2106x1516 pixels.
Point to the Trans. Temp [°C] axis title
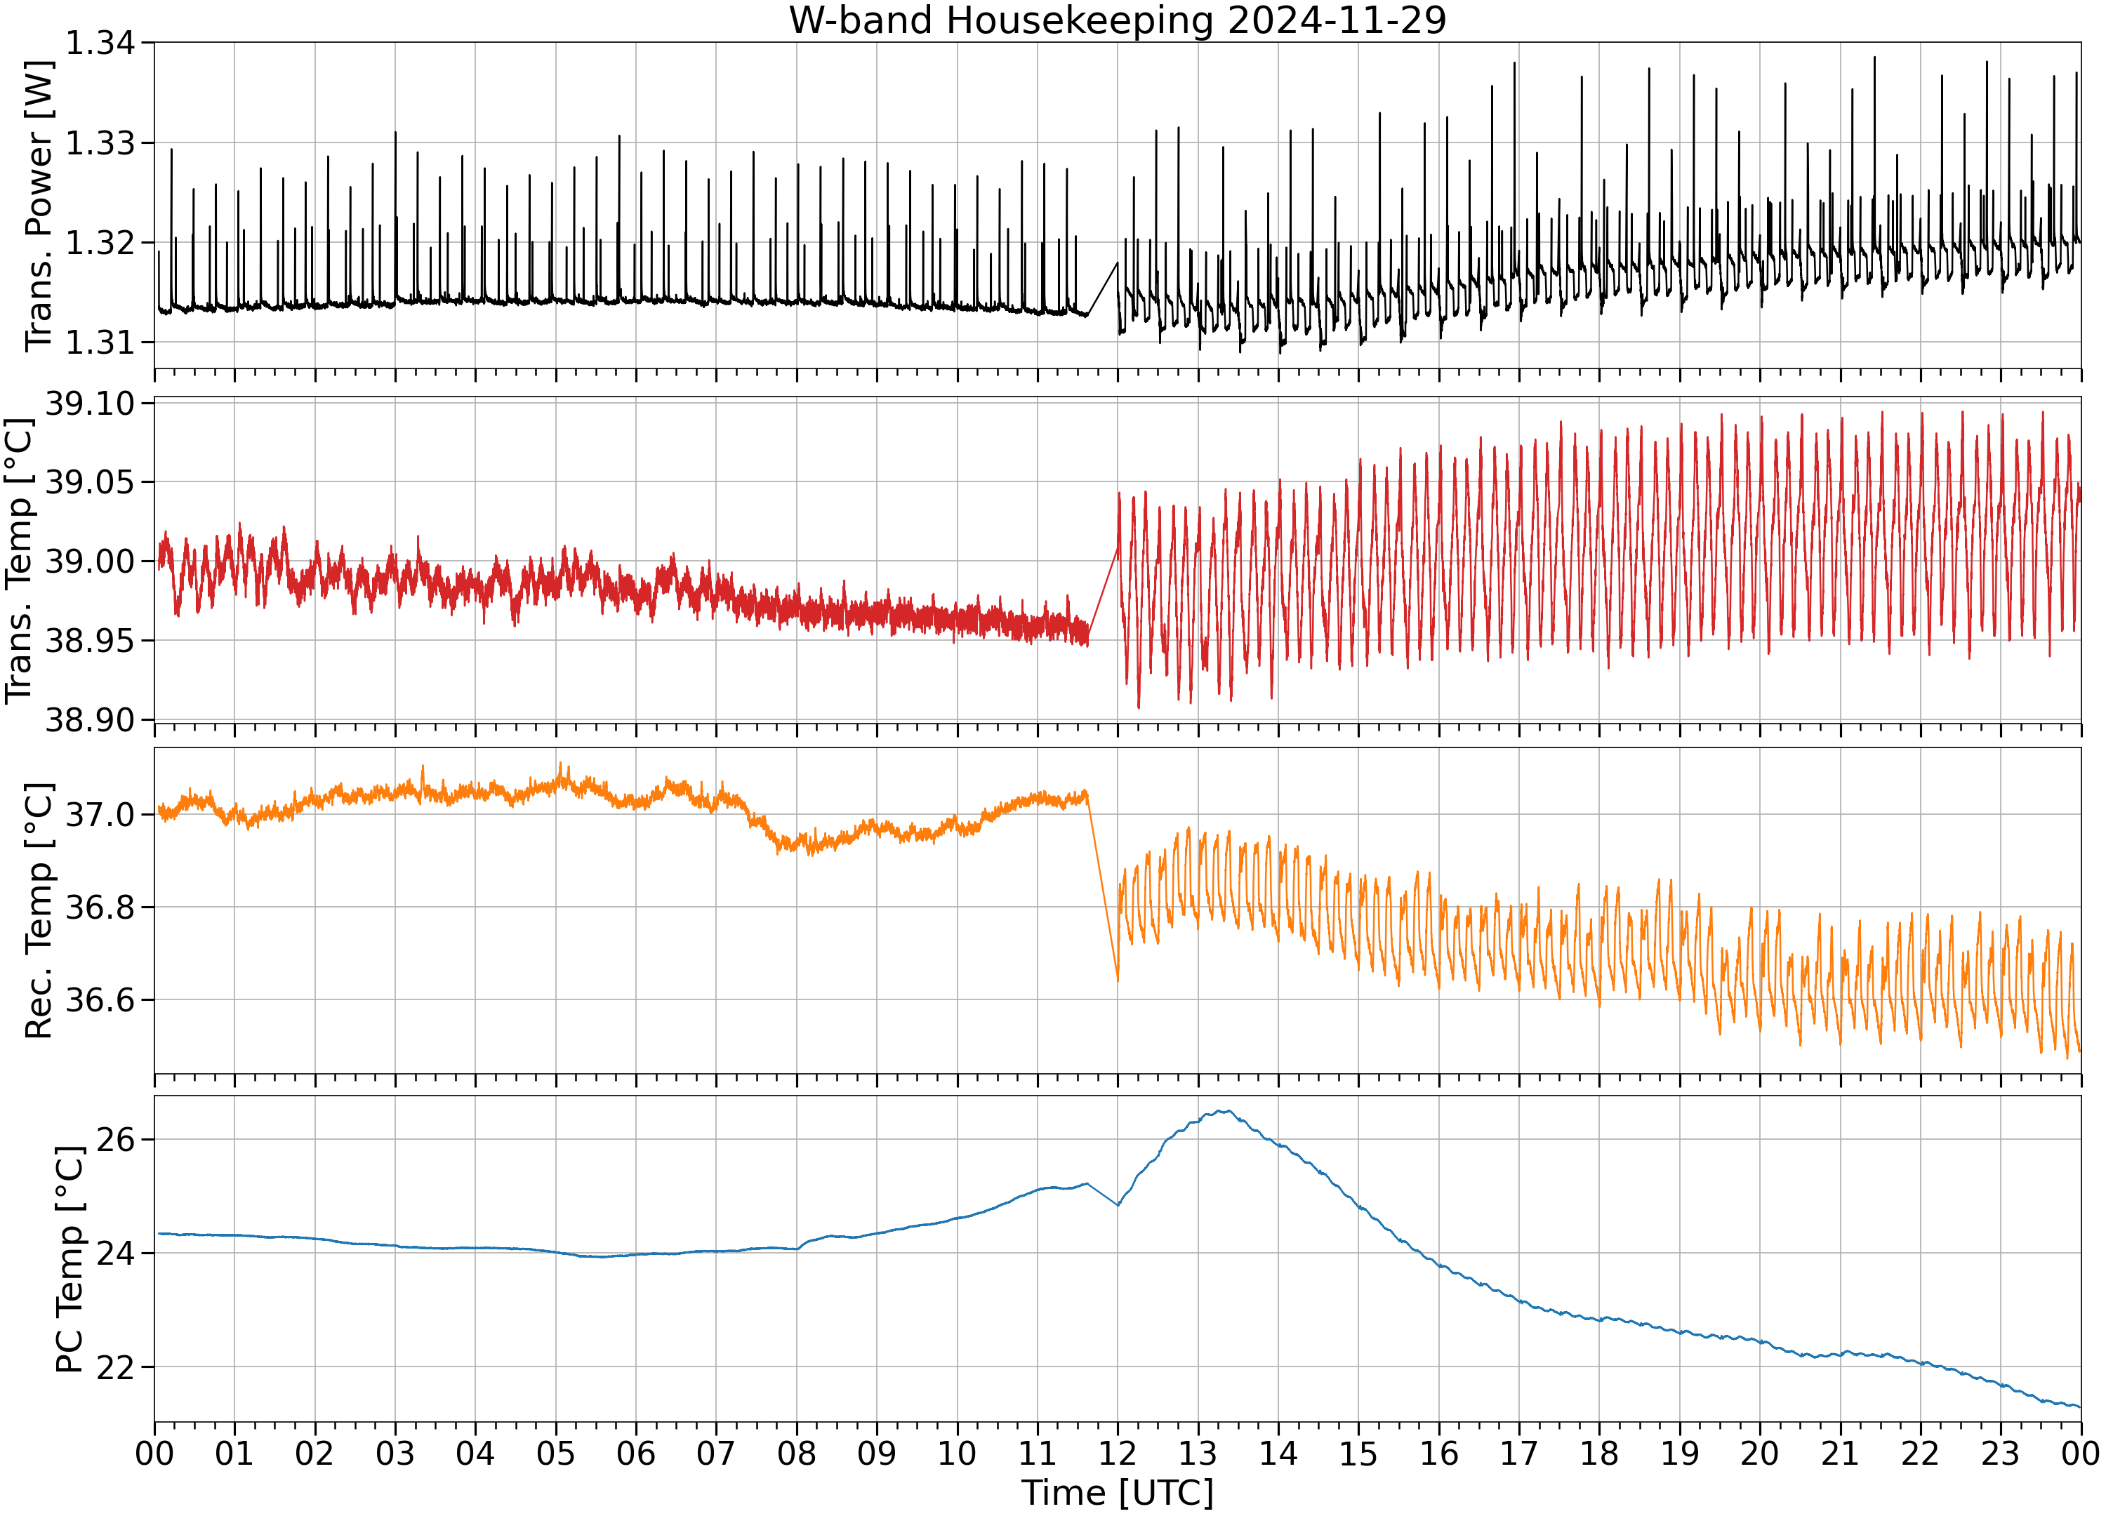(x=20, y=561)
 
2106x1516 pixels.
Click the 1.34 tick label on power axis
(x=100, y=43)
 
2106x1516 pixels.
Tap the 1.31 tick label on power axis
(x=100, y=343)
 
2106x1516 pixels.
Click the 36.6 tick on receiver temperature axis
(x=100, y=1000)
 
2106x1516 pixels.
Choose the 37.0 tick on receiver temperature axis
(x=100, y=815)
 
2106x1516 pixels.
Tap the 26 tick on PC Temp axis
(x=115, y=1139)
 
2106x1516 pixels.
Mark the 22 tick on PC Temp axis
(x=115, y=1367)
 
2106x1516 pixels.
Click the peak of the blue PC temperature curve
(x=1226, y=1111)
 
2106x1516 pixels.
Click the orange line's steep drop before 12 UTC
(x=1102, y=886)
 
